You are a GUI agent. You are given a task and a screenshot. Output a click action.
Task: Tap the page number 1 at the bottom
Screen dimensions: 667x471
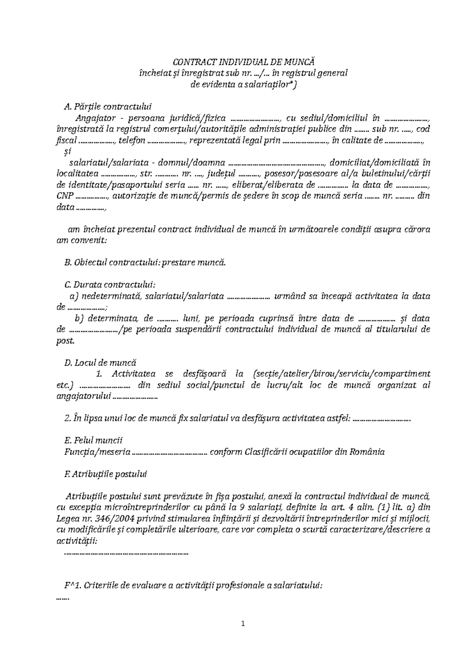[x=243, y=623]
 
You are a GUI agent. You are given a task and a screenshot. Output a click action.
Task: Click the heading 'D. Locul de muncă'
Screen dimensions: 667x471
[x=100, y=363]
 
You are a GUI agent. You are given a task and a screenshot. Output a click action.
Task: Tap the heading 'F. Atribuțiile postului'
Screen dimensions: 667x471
[x=105, y=474]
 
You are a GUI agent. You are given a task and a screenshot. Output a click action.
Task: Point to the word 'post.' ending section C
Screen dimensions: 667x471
[x=65, y=341]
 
